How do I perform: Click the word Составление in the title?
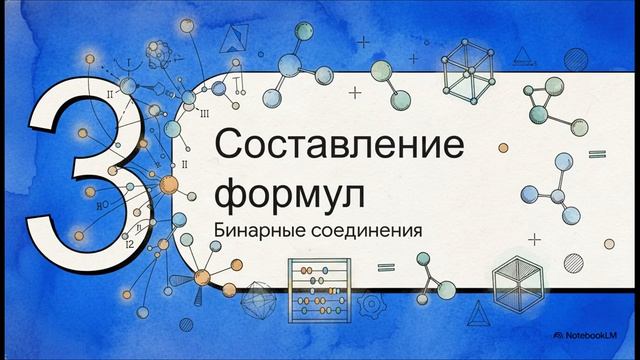340,146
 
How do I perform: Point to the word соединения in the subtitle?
365,229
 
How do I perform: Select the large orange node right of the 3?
168,184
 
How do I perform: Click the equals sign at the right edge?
597,154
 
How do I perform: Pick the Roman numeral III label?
204,113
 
